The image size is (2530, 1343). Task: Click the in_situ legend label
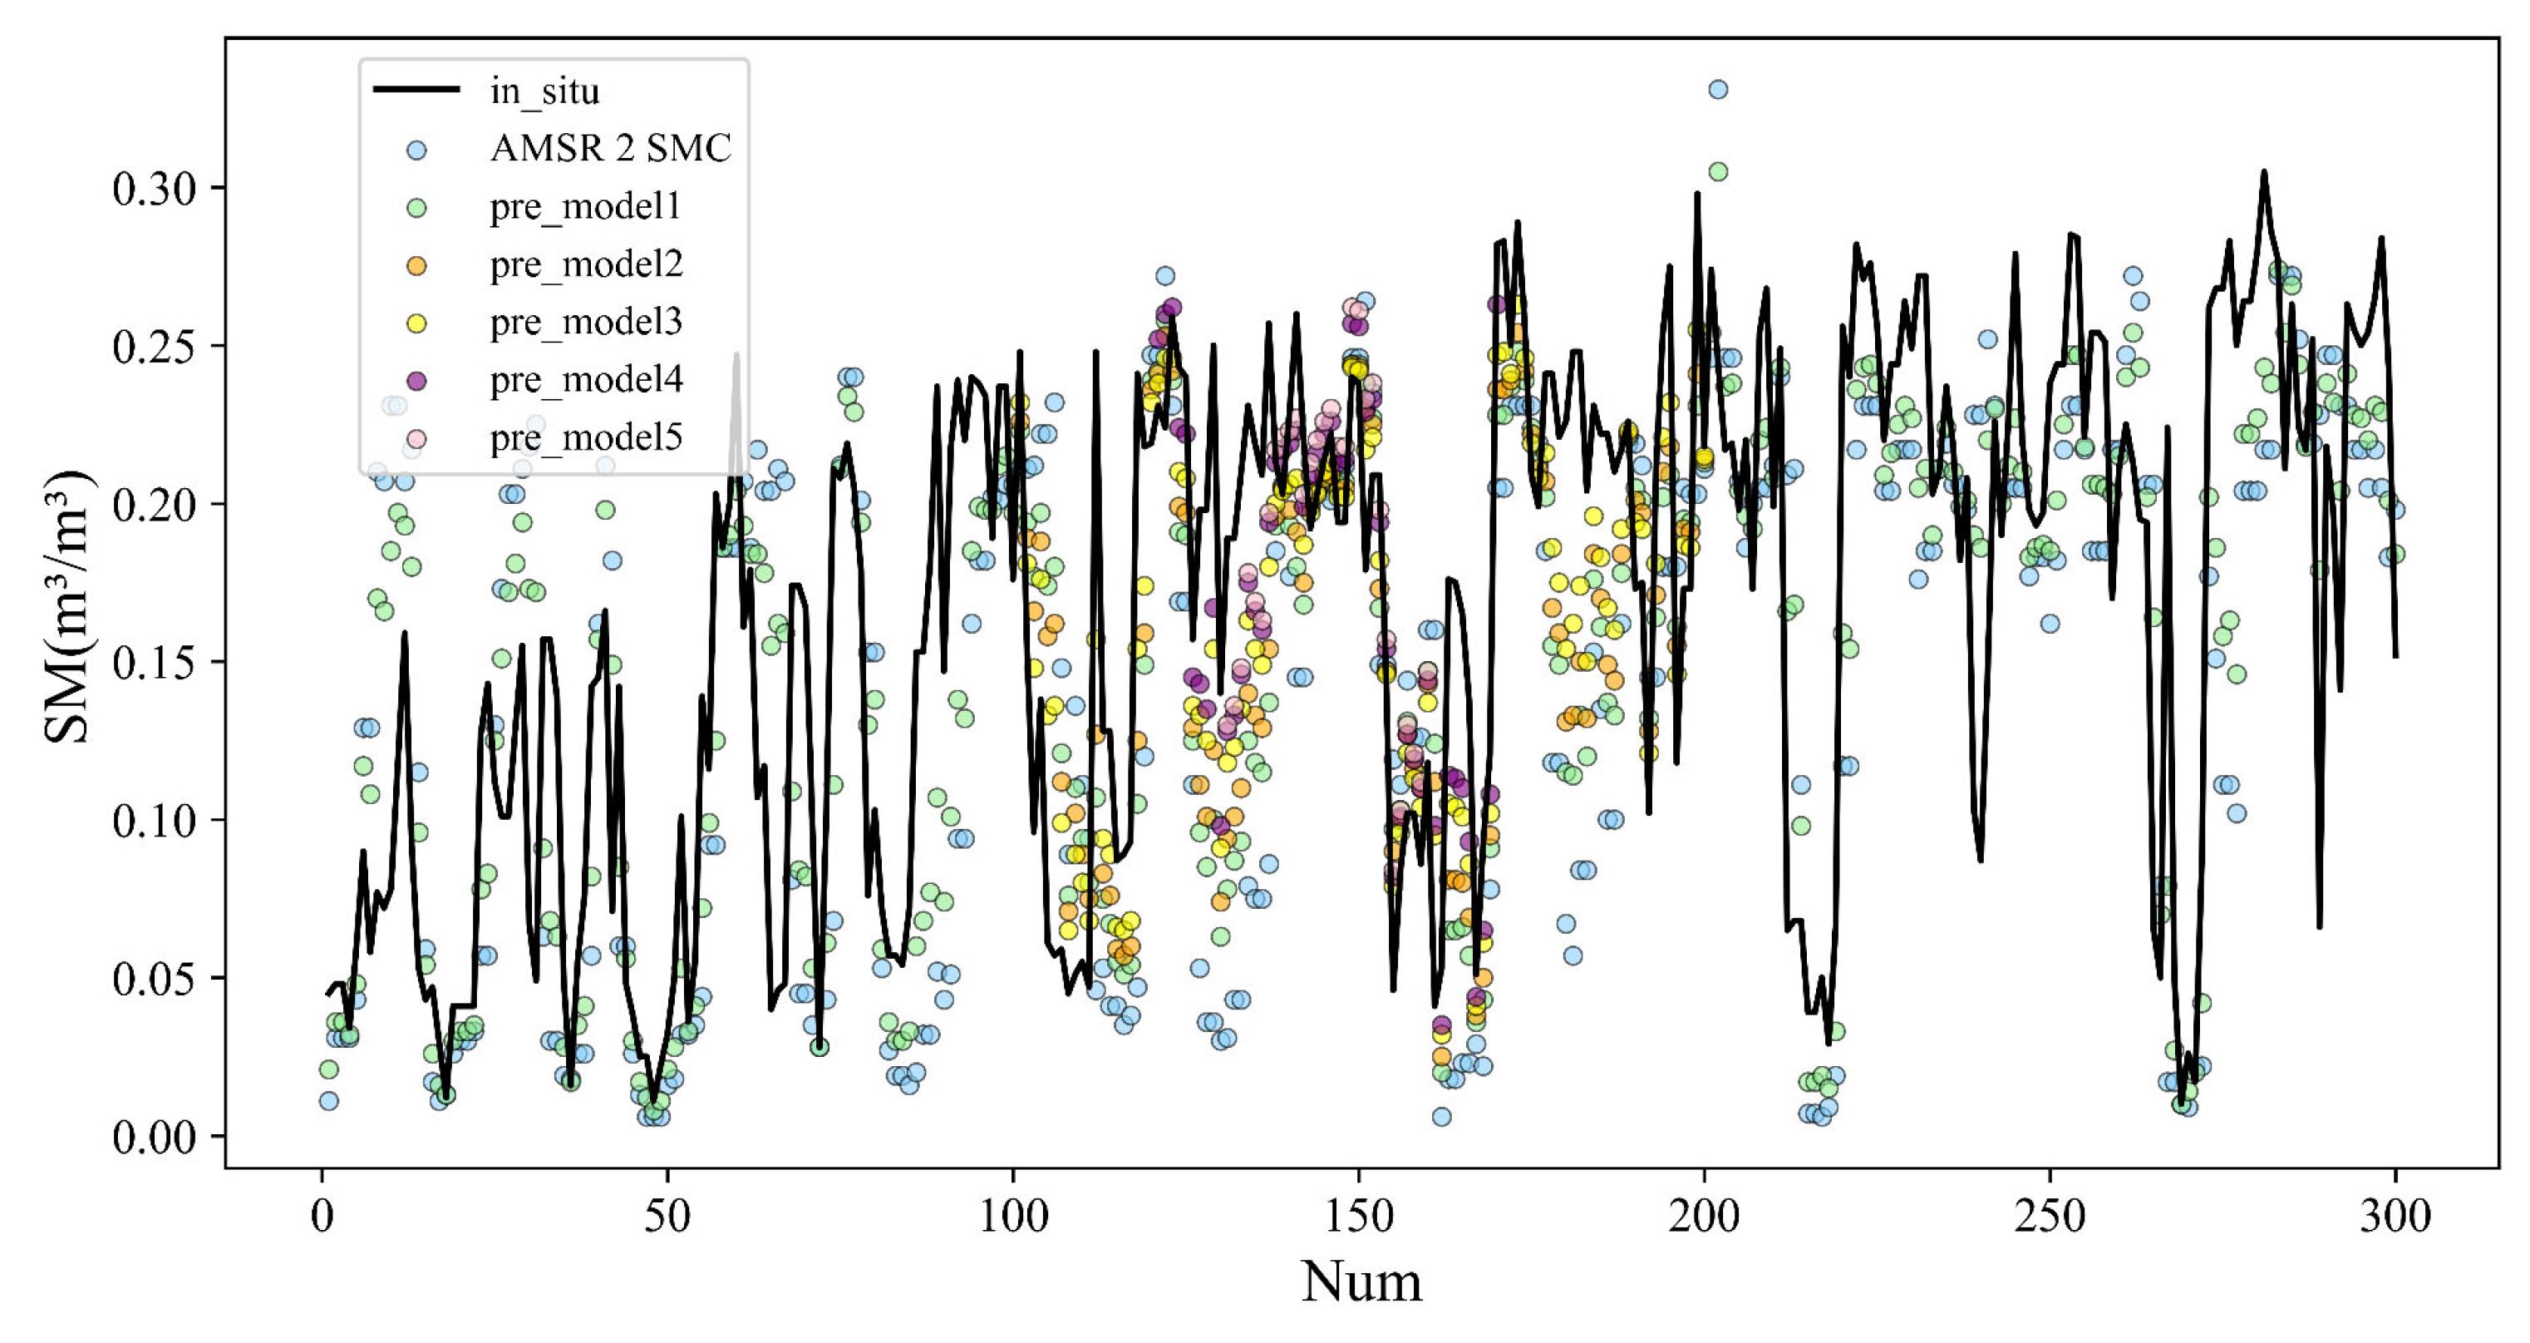544,91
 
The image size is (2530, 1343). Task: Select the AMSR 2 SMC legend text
610,148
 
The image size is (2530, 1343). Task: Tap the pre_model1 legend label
585,206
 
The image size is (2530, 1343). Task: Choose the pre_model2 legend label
586,264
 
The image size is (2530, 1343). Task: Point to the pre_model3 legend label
586,323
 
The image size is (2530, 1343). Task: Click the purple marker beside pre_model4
416,380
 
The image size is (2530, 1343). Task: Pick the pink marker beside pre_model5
416,438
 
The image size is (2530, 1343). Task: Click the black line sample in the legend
416,90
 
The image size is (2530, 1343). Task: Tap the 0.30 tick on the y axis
155,189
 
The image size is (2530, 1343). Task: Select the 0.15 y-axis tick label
155,663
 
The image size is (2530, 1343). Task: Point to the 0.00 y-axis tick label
155,1138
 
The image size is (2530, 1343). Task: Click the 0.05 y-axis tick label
155,980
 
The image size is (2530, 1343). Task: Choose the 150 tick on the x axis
1359,1217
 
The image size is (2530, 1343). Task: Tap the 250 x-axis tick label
2050,1217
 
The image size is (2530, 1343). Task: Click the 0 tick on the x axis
322,1217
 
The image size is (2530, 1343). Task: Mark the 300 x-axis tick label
2395,1217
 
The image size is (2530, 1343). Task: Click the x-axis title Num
1361,1283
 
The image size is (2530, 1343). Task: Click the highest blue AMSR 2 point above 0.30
1718,90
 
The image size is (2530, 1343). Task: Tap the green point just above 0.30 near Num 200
1718,172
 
